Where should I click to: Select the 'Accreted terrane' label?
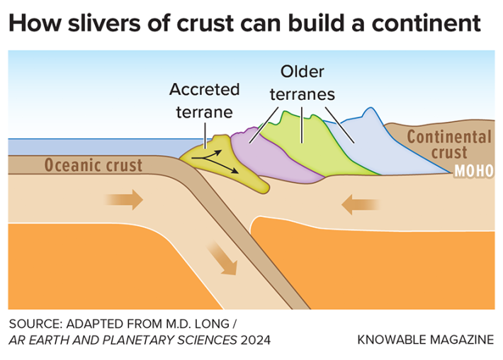pyautogui.click(x=204, y=100)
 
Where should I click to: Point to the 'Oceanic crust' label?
pyautogui.click(x=94, y=166)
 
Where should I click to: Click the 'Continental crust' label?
pyautogui.click(x=448, y=145)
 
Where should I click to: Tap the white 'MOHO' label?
pyautogui.click(x=473, y=171)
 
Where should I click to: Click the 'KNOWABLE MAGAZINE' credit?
pyautogui.click(x=425, y=339)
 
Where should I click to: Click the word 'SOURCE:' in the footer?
pyautogui.click(x=33, y=323)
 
